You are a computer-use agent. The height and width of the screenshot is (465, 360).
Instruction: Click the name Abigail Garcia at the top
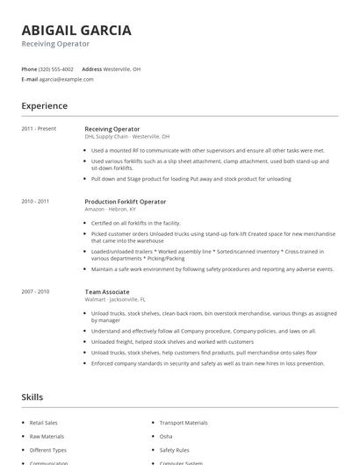coord(76,30)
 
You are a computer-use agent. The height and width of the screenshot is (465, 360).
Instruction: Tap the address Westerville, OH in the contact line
coord(122,68)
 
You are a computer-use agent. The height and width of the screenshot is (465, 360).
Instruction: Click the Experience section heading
coord(45,106)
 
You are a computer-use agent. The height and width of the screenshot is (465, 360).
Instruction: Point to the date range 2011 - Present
coord(39,129)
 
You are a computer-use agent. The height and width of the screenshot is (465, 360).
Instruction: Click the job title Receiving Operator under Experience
coord(112,129)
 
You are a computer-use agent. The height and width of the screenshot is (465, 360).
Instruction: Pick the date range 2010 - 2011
coord(35,201)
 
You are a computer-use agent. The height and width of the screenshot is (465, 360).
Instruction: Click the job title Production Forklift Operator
coord(125,201)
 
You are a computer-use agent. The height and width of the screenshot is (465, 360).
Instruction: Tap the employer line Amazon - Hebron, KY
coord(111,209)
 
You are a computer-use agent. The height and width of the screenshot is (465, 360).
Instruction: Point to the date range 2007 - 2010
coord(35,291)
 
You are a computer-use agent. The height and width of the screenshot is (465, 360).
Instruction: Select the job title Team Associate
coord(107,291)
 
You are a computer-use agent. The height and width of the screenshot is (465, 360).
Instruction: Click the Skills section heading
coord(32,397)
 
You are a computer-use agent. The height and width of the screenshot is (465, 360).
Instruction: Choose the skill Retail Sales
coord(44,422)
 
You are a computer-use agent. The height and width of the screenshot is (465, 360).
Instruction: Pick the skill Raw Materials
coord(47,436)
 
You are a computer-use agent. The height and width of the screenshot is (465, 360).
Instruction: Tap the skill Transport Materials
coord(184,422)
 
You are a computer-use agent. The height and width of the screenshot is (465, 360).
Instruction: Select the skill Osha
coord(166,436)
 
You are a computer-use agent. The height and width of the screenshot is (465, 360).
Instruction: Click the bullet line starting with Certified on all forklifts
coord(135,223)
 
